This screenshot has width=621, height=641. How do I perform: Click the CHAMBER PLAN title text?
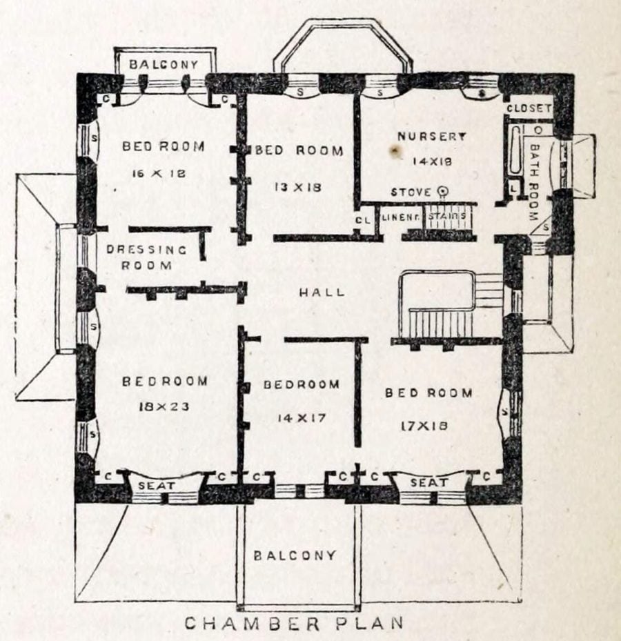(293, 623)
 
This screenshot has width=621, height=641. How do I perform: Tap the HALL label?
(322, 293)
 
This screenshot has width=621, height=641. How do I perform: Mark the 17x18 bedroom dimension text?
(424, 426)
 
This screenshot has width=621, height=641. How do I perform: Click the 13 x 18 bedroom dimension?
(298, 186)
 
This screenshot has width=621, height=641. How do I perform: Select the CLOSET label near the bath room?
(529, 108)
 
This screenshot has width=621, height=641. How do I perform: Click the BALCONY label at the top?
(164, 64)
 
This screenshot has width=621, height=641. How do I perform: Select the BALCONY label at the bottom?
(295, 555)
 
